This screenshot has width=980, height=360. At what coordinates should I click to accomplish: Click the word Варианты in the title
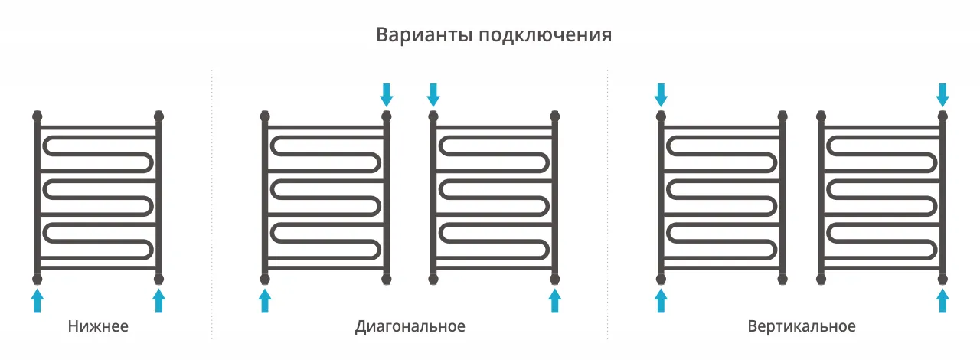click(x=424, y=35)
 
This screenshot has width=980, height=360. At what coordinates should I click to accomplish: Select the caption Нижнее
click(x=98, y=326)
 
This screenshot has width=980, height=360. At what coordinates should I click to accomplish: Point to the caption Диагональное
click(x=410, y=327)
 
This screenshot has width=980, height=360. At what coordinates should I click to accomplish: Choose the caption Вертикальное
click(x=802, y=327)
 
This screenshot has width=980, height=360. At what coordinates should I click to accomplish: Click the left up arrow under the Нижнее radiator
click(x=38, y=300)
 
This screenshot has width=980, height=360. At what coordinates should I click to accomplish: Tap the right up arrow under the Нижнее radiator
click(x=158, y=300)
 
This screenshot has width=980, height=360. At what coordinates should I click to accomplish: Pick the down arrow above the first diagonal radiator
click(x=387, y=95)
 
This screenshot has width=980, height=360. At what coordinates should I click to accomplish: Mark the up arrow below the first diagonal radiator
click(x=265, y=300)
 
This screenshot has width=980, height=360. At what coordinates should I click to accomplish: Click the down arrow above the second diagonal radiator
click(x=433, y=95)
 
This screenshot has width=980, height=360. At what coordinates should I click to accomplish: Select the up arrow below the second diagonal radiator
click(x=555, y=300)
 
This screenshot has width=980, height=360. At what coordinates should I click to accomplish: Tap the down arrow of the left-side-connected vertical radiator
click(x=661, y=95)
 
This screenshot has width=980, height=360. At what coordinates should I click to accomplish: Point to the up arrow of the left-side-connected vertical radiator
click(x=661, y=300)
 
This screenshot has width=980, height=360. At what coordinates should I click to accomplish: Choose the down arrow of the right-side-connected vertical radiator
click(x=942, y=95)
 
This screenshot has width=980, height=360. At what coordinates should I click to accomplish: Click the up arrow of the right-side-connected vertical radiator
click(x=942, y=300)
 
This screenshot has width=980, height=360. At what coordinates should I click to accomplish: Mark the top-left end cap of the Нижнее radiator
click(x=38, y=116)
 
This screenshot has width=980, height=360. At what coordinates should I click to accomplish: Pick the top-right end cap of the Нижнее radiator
click(x=158, y=116)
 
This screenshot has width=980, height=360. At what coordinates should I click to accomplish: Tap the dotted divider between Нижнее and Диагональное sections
click(x=212, y=204)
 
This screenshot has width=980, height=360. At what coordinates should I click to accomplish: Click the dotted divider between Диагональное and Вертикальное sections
click(x=608, y=204)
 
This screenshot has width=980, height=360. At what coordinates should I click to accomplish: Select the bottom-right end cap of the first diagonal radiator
click(x=387, y=279)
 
